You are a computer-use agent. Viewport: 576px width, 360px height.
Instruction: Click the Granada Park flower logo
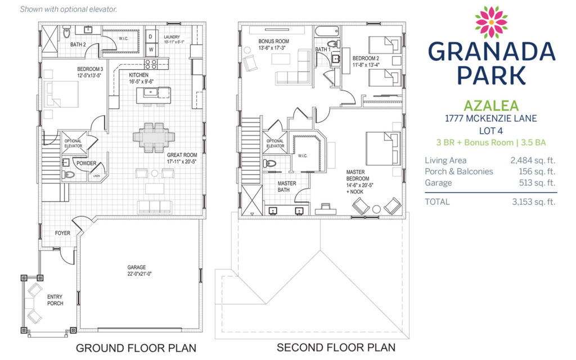(491, 22)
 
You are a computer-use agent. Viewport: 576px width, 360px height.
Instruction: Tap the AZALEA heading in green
(491, 106)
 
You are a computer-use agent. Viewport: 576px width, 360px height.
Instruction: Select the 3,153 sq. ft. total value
(533, 202)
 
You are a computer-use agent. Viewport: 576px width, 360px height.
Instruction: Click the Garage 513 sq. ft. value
(537, 183)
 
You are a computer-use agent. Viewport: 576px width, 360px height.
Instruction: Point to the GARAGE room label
(137, 267)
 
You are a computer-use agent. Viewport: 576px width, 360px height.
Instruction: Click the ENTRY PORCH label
(55, 300)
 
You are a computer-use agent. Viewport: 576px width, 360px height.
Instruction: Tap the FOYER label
(62, 233)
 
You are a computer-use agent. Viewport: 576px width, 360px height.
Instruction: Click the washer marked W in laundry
(151, 49)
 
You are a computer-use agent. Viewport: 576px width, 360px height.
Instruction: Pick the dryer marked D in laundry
(151, 37)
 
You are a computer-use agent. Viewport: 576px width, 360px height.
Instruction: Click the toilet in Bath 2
(66, 31)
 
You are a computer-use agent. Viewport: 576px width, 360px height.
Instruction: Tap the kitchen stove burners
(151, 64)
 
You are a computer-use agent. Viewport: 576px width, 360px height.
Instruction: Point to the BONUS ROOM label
(273, 41)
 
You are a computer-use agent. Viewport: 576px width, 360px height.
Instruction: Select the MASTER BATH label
(286, 186)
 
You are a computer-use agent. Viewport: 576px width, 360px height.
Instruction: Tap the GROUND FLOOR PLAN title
(136, 348)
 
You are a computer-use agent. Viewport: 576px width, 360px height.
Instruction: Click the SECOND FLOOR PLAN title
(336, 347)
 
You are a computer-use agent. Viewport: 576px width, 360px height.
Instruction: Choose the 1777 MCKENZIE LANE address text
(490, 118)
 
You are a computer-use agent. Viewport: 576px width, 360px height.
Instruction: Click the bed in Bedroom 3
(61, 94)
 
